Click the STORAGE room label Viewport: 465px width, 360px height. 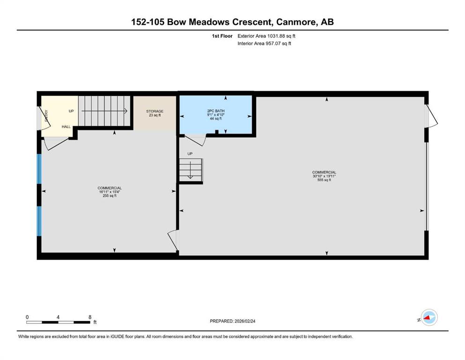(x=154, y=112)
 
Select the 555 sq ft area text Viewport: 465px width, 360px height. (x=324, y=180)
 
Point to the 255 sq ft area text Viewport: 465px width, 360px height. (x=110, y=196)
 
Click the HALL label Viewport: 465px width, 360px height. (x=66, y=127)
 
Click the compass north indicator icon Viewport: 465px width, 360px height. (x=428, y=318)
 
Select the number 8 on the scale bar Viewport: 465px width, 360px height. (x=89, y=317)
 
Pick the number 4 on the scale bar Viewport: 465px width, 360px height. (x=58, y=317)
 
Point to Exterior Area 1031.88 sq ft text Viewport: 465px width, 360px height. (x=266, y=36)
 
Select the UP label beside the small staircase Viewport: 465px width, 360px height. (x=190, y=154)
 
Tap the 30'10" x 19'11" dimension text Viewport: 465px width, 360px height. (x=324, y=176)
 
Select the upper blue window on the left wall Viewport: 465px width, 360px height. (x=39, y=168)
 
